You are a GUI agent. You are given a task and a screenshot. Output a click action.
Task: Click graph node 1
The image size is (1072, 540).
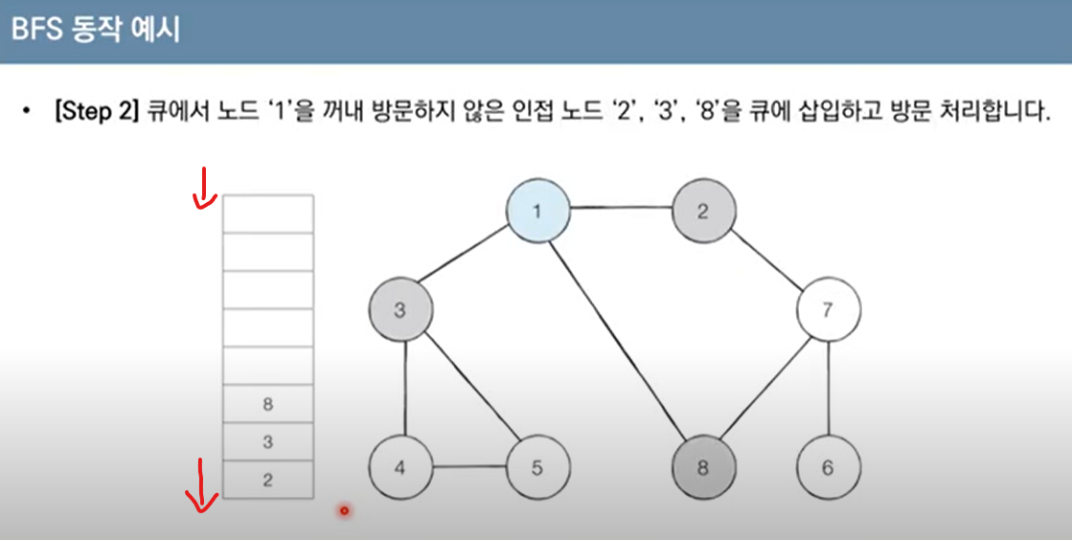pos(538,212)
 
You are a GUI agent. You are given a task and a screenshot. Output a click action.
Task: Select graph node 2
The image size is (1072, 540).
pos(703,212)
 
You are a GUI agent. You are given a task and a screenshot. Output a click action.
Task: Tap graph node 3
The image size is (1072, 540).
pos(400,310)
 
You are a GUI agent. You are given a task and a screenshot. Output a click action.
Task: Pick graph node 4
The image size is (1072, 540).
pos(400,467)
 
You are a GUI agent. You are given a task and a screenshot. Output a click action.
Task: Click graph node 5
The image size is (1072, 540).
pos(538,467)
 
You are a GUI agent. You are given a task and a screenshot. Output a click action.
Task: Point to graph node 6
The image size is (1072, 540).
pos(828,467)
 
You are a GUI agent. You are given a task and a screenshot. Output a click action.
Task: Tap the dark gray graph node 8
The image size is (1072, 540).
pos(703,467)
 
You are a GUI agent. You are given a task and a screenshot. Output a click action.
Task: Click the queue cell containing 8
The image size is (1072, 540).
pos(267,404)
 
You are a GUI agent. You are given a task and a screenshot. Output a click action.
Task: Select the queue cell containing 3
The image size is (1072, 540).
pos(267,441)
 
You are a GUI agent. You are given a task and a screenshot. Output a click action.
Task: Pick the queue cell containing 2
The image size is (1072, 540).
pos(267,480)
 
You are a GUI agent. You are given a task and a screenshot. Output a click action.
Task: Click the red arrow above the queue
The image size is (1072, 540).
pos(203,189)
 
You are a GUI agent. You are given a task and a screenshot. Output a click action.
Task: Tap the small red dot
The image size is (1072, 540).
pos(344,511)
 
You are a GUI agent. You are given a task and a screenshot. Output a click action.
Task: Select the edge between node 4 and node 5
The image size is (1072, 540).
pos(469,467)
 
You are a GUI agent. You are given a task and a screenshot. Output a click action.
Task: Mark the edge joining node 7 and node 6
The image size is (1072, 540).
pos(829,389)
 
